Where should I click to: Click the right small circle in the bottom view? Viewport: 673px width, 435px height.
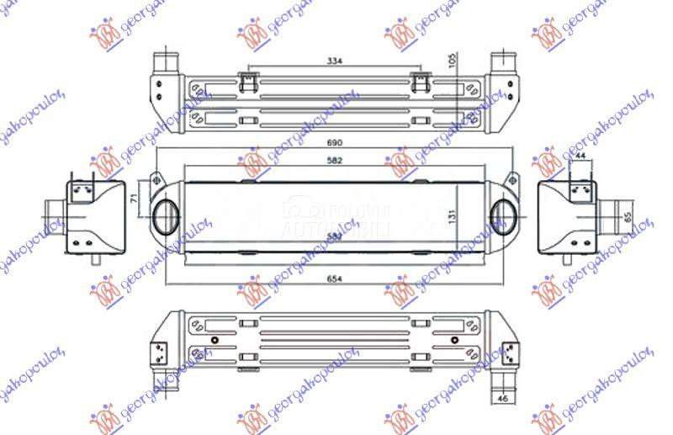click(x=456, y=341)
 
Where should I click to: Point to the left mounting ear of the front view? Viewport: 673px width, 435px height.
click(x=155, y=180)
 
